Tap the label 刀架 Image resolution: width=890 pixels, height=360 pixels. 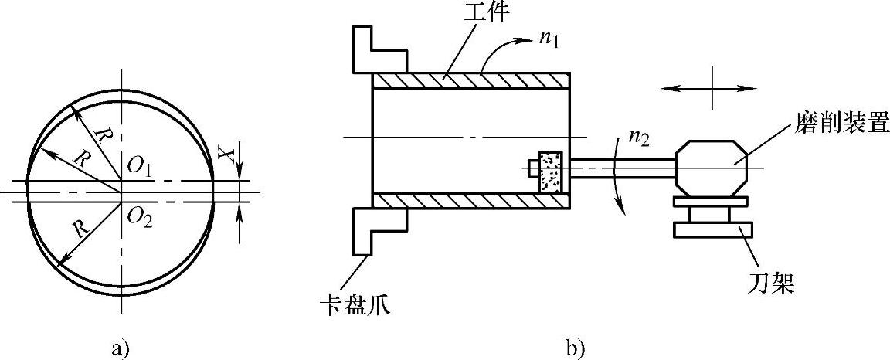point(773,285)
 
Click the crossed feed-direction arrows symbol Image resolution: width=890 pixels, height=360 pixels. point(709,89)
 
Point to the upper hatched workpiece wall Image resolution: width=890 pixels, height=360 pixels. point(471,80)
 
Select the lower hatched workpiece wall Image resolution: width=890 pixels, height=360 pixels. point(471,201)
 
